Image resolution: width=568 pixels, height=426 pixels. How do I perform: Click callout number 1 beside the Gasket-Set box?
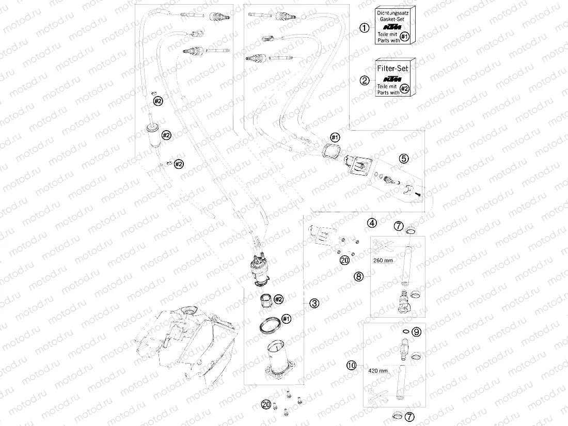click(x=365, y=28)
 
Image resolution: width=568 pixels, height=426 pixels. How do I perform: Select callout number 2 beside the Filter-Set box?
click(x=365, y=80)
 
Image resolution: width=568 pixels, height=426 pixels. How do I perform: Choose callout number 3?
click(x=314, y=304)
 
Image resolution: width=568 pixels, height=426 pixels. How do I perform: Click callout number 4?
click(x=372, y=223)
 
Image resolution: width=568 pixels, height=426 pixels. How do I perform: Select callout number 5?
click(x=403, y=158)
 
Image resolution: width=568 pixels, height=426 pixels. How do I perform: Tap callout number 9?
click(x=417, y=332)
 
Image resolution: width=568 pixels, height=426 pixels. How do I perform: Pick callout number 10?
click(x=352, y=366)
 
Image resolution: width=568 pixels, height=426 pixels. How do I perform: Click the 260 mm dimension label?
click(x=382, y=260)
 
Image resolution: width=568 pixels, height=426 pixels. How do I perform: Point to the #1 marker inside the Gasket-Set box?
click(x=405, y=36)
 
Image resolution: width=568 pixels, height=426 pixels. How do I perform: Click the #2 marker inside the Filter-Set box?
click(x=405, y=89)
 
